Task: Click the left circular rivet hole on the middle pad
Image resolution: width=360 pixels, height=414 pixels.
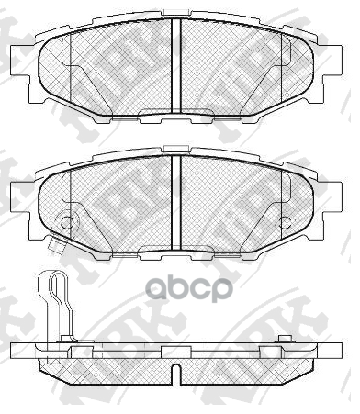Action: pos(64,222)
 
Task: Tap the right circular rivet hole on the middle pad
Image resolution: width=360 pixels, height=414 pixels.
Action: pos(286,222)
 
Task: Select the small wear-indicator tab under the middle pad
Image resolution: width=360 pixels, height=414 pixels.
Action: pos(56,244)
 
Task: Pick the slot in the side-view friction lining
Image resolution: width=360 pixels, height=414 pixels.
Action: pos(174,372)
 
